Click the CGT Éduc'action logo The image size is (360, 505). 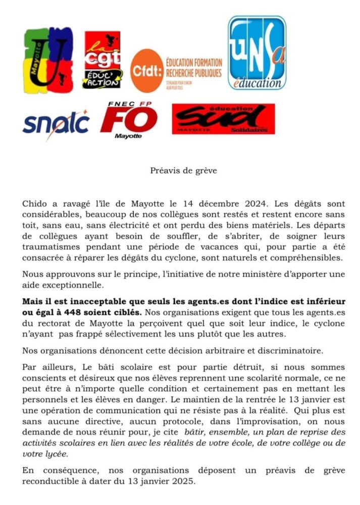pos(102,60)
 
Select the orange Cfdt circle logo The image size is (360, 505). pos(146,70)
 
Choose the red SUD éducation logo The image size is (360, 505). pos(223,119)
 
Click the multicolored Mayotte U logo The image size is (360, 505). pos(48,61)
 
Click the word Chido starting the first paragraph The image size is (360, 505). pos(34,204)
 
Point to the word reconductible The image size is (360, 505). pos(50,481)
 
